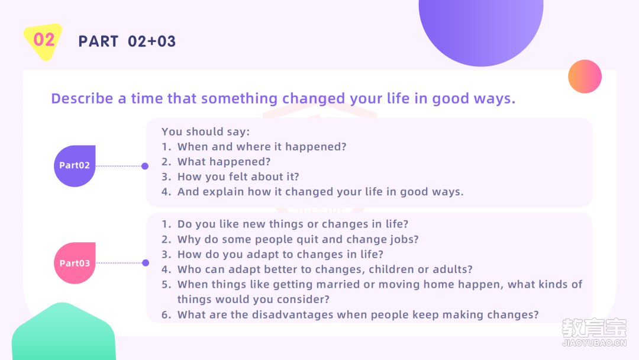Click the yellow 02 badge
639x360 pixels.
click(43, 41)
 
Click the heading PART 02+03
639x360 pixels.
click(127, 41)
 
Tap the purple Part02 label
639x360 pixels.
click(75, 166)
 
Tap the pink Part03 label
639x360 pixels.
click(75, 263)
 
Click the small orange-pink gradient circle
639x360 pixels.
click(585, 76)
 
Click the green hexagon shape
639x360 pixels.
click(63, 332)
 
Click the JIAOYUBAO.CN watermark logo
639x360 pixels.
click(594, 332)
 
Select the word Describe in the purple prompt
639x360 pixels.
click(82, 98)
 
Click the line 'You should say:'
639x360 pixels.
click(205, 131)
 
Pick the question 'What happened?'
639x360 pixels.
click(224, 162)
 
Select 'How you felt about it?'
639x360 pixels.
click(238, 176)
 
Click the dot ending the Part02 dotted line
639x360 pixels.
click(145, 166)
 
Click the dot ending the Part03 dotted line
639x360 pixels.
click(146, 263)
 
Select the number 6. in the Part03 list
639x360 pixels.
click(166, 315)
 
